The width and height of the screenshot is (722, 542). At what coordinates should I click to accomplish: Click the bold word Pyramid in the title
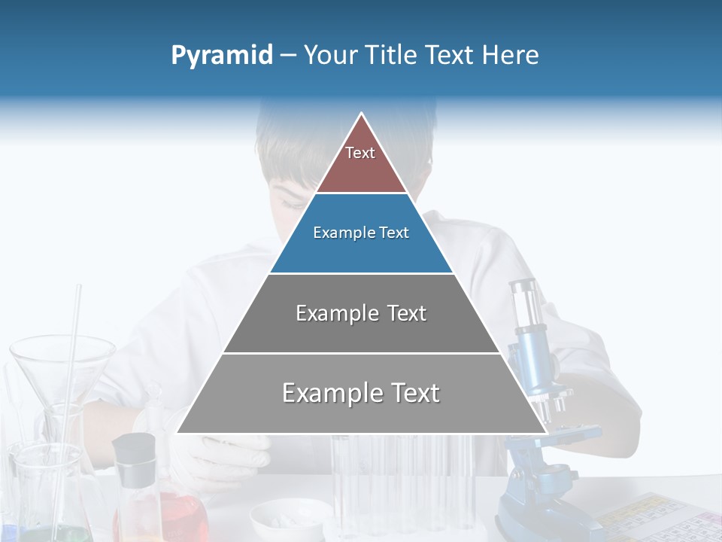222,56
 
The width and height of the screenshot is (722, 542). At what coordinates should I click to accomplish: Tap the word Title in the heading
391,56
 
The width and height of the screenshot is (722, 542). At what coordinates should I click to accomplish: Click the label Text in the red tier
360,153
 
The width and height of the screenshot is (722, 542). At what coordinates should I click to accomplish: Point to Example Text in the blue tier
361,233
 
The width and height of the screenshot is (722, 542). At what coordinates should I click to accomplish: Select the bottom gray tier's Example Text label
361,393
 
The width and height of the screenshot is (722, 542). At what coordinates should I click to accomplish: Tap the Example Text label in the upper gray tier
361,313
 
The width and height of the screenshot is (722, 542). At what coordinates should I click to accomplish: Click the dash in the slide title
288,56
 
